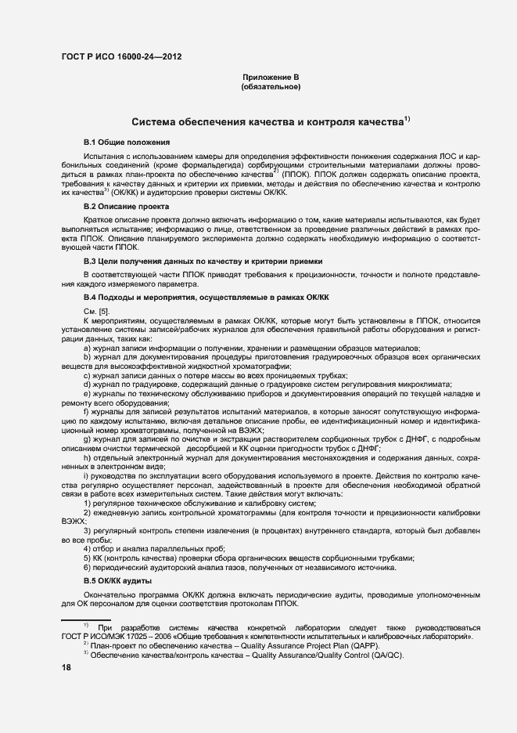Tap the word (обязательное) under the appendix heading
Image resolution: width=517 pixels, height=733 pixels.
[x=270, y=87]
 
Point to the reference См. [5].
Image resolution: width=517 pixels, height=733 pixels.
[x=95, y=312]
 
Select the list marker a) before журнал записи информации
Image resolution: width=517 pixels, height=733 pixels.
[x=87, y=348]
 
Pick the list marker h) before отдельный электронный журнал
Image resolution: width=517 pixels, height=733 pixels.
[x=87, y=457]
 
